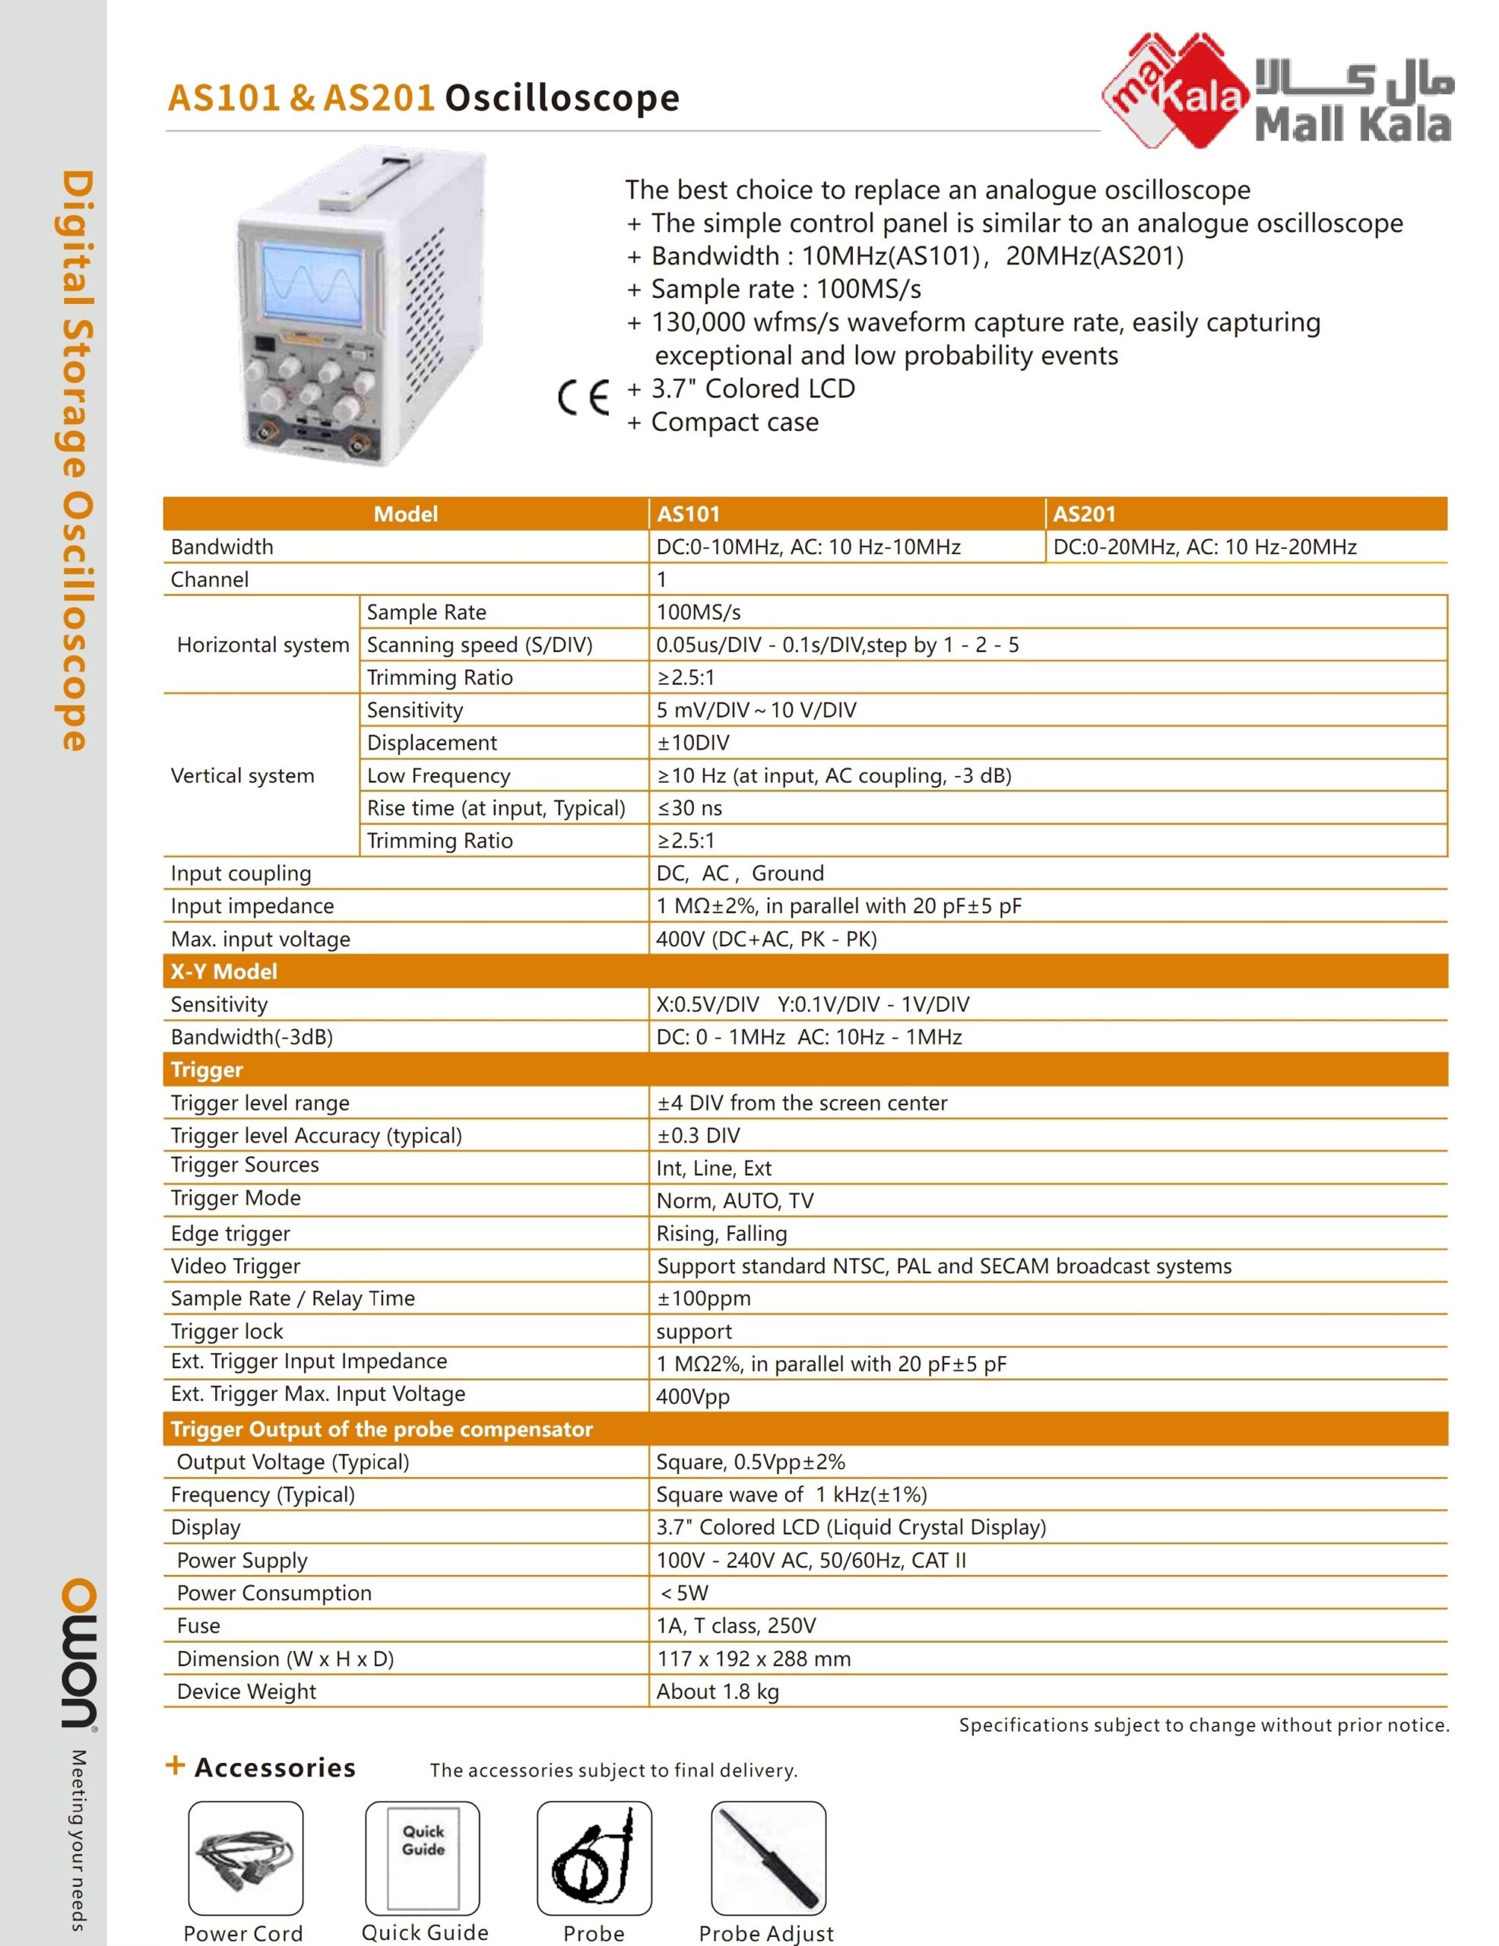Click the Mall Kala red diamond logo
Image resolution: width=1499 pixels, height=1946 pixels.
pos(1174,90)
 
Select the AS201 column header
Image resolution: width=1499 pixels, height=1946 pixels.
pos(1084,514)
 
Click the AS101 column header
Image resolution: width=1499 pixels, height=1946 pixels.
pos(688,514)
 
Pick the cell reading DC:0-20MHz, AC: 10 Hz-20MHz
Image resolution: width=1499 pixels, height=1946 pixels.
pos(1204,547)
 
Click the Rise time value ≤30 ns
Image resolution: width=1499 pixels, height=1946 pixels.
pos(689,808)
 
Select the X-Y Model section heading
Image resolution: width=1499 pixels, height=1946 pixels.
pos(223,971)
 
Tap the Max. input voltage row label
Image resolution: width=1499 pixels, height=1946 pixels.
pos(260,939)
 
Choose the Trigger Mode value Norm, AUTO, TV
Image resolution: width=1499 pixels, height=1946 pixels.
pos(734,1201)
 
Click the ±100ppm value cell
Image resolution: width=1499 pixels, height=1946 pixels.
pos(703,1299)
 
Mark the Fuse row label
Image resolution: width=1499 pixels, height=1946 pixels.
pos(198,1626)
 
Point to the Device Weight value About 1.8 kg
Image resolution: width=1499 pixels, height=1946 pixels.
pos(717,1692)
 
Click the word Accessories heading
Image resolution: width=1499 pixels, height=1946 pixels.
pos(274,1768)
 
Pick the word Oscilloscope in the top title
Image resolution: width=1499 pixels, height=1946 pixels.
pos(563,98)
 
